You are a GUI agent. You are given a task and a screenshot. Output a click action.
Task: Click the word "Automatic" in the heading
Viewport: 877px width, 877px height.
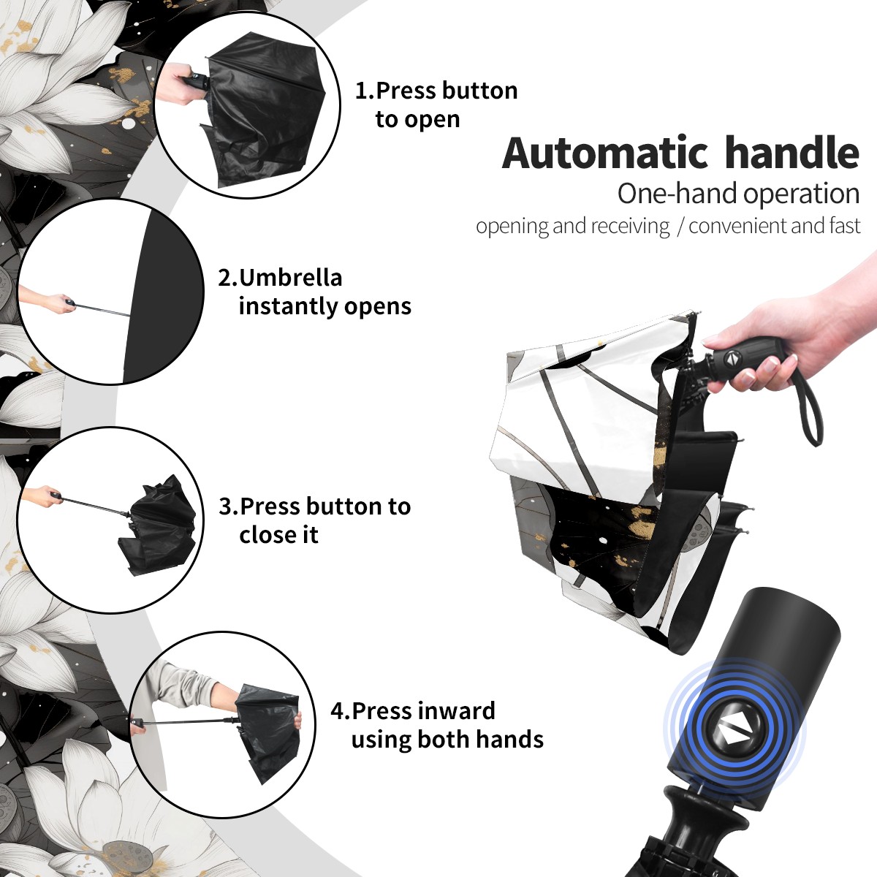coord(605,153)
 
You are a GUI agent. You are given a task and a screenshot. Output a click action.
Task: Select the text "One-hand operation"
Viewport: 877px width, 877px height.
coord(738,194)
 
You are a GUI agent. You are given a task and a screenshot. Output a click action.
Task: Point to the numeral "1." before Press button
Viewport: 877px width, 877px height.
coord(364,91)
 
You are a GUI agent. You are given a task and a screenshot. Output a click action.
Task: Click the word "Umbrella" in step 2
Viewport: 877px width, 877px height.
coord(290,278)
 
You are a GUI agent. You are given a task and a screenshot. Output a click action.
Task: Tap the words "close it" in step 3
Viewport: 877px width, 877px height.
coord(278,535)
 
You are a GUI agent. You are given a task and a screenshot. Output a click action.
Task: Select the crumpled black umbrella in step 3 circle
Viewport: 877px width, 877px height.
coord(157,525)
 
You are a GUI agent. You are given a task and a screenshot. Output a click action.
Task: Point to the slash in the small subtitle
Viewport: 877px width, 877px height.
coord(680,227)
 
